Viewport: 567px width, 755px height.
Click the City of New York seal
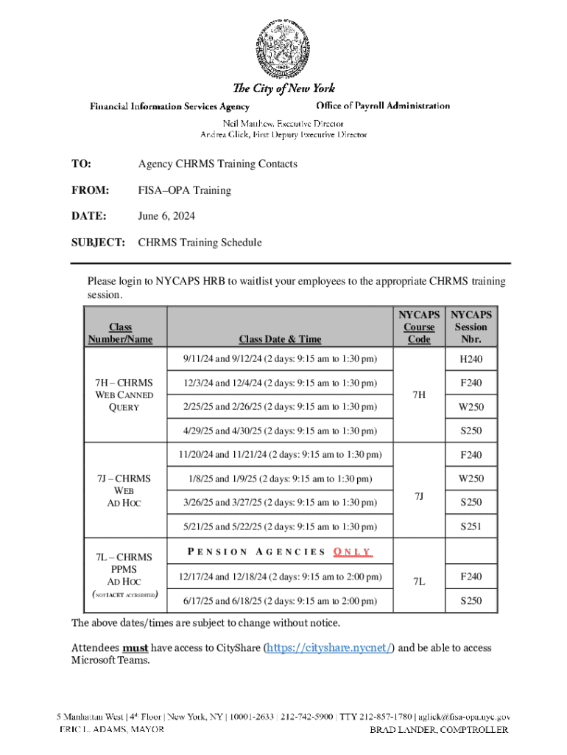click(283, 46)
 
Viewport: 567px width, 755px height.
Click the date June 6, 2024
click(166, 216)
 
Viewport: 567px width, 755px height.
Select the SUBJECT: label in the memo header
click(98, 242)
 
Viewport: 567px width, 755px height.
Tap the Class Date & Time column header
click(280, 339)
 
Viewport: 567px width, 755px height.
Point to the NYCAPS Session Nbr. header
click(471, 327)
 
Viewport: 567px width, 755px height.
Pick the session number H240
click(471, 360)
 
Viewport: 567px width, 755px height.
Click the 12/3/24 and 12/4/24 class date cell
click(280, 383)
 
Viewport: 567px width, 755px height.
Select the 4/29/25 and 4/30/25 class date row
click(280, 431)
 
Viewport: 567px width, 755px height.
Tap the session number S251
click(471, 526)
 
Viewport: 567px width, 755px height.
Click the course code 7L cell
click(418, 582)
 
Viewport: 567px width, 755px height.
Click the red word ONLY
click(353, 552)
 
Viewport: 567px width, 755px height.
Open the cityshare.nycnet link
click(328, 647)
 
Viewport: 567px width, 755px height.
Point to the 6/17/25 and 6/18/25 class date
click(280, 601)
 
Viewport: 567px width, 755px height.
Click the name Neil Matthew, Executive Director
click(283, 123)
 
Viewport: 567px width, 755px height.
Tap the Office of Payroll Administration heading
click(383, 105)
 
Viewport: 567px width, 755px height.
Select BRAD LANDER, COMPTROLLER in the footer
click(439, 729)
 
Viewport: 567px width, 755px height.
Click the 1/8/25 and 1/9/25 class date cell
click(280, 479)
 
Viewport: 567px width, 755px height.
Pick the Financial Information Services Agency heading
click(169, 106)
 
